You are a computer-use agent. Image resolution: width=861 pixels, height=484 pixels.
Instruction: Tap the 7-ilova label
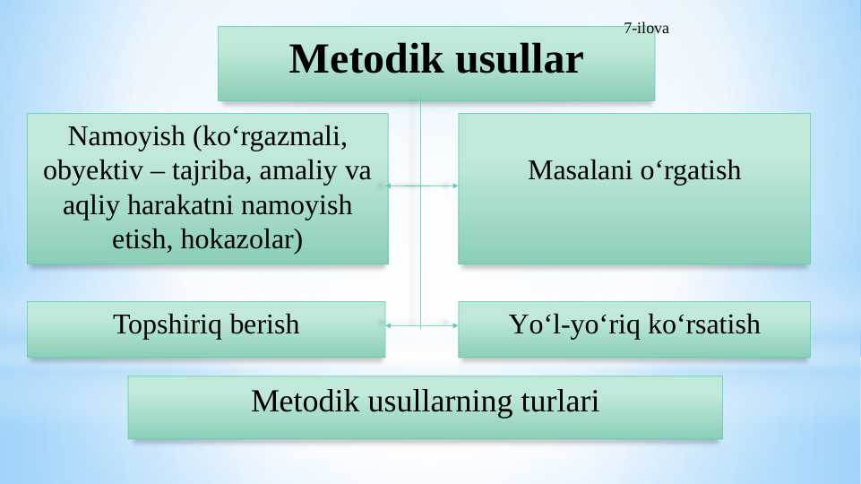(x=646, y=28)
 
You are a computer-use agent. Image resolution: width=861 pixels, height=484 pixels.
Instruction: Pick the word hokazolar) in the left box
(x=242, y=239)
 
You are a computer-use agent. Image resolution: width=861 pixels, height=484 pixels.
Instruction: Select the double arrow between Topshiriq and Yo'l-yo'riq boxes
(x=420, y=324)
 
